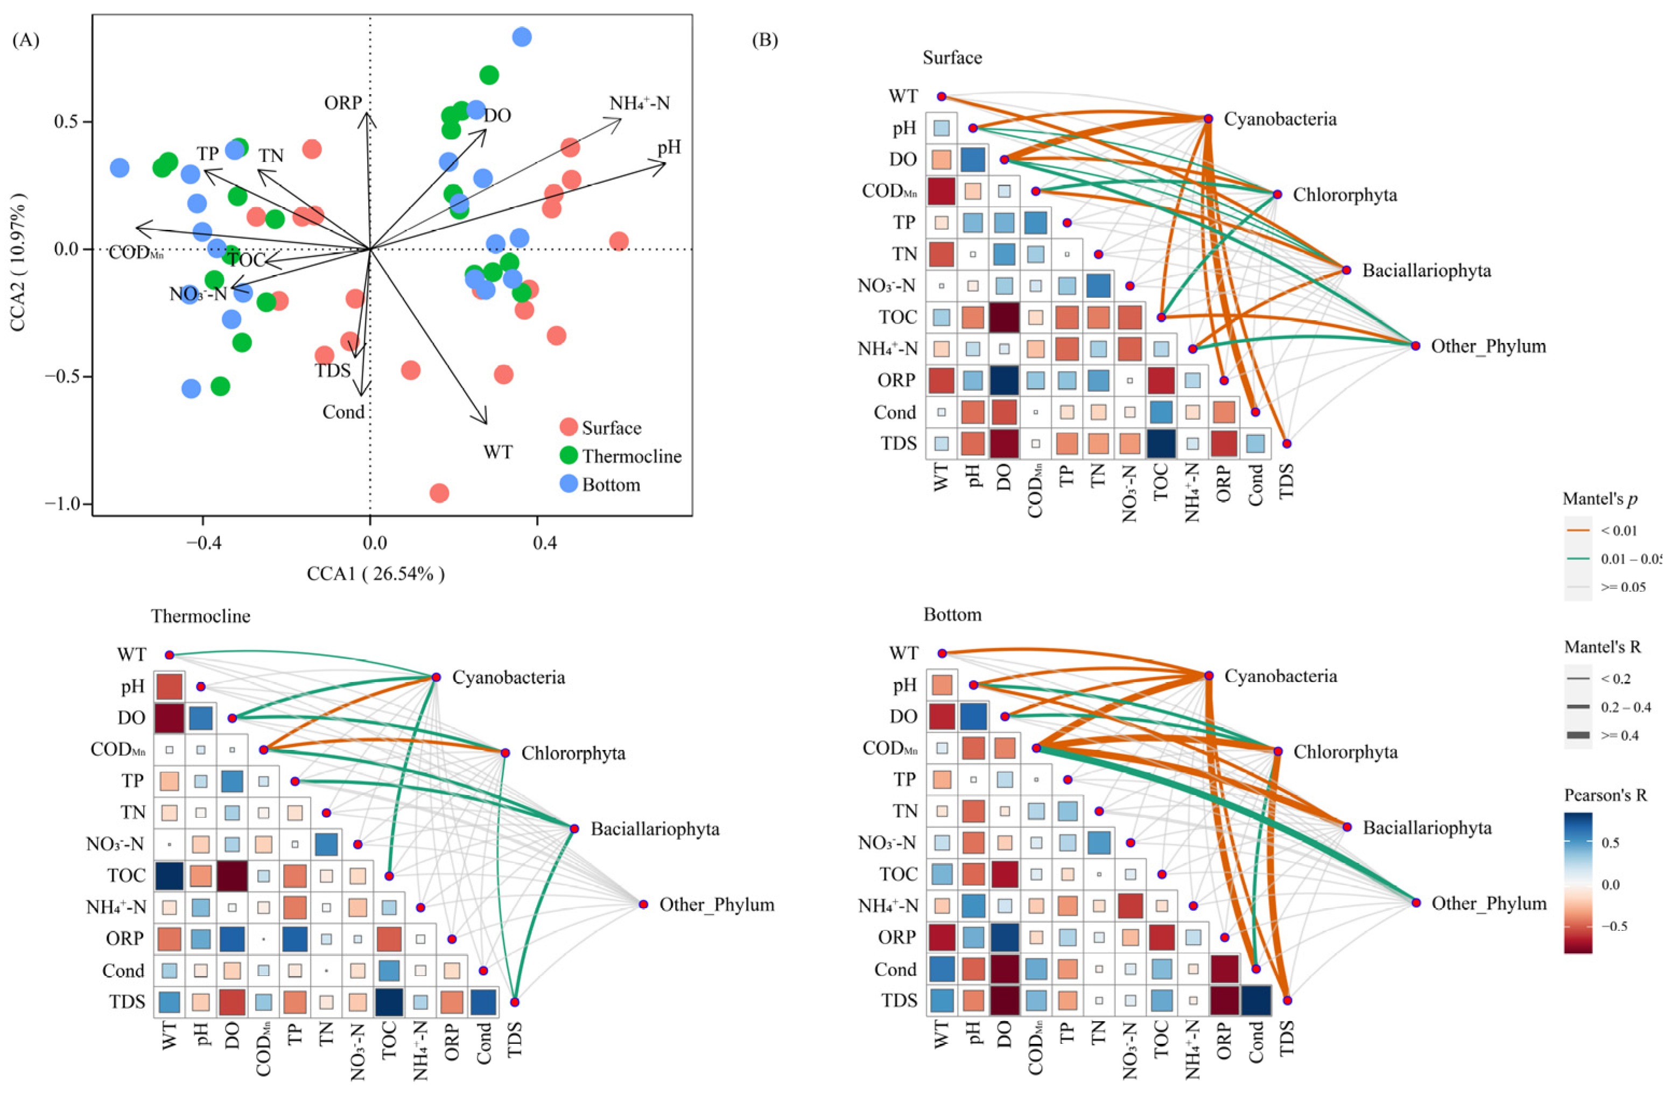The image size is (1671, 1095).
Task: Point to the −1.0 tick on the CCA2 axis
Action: (x=63, y=504)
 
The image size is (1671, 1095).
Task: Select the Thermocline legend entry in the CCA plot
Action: (x=631, y=457)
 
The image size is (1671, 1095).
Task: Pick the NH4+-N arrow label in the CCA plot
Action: (x=639, y=104)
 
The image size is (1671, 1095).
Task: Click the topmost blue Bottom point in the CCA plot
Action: (x=522, y=37)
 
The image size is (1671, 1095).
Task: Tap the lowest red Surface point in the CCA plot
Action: (x=439, y=493)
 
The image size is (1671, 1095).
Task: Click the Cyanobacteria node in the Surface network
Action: (x=1209, y=118)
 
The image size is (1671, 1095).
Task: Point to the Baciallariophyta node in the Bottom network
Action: (x=1346, y=827)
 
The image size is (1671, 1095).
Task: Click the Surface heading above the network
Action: (x=952, y=58)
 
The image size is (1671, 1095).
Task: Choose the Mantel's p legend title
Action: (x=1600, y=499)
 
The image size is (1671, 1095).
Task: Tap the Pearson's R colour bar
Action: (x=1578, y=882)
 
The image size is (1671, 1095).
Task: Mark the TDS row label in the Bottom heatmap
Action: (x=900, y=1000)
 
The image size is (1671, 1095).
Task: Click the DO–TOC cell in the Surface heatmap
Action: (x=1004, y=317)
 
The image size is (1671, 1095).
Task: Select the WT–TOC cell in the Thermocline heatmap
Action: (x=169, y=876)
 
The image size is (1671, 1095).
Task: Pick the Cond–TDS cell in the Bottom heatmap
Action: (x=1255, y=1000)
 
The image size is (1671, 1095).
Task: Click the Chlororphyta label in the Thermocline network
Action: (x=573, y=753)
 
